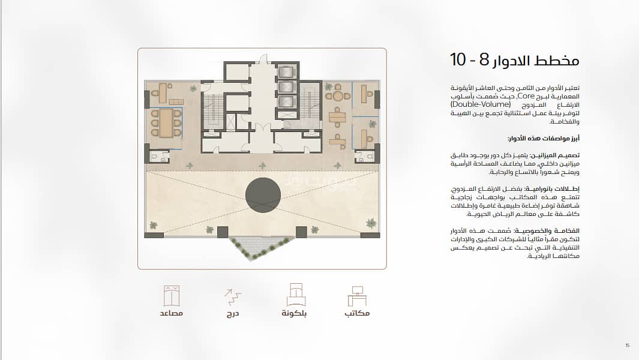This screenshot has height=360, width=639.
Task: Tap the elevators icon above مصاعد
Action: click(x=171, y=296)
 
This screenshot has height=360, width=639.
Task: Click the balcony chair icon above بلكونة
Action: click(x=296, y=295)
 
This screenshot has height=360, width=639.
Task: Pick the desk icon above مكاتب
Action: click(x=357, y=296)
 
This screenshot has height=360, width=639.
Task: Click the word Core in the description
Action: click(x=526, y=96)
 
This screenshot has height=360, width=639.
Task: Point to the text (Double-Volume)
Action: click(x=481, y=104)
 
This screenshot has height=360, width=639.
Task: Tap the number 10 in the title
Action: click(x=458, y=59)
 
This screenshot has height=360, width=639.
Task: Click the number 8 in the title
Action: click(x=484, y=60)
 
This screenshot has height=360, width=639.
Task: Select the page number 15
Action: click(x=627, y=346)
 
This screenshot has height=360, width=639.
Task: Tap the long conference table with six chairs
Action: click(x=166, y=123)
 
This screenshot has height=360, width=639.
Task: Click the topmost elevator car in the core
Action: click(x=286, y=72)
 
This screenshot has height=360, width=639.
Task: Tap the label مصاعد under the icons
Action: click(x=171, y=313)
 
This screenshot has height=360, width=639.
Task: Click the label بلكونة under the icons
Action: click(x=294, y=313)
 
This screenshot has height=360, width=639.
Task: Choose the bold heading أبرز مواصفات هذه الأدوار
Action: click(x=543, y=139)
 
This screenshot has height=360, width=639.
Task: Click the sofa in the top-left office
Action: click(x=176, y=101)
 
